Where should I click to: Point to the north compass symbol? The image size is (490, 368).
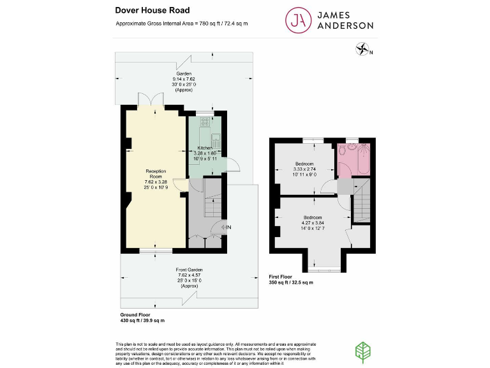(362, 49)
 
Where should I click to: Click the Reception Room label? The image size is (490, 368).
(156, 174)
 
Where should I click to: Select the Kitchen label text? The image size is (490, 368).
(205, 148)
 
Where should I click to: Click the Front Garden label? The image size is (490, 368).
(189, 270)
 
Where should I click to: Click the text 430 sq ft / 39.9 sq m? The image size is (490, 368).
(142, 320)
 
